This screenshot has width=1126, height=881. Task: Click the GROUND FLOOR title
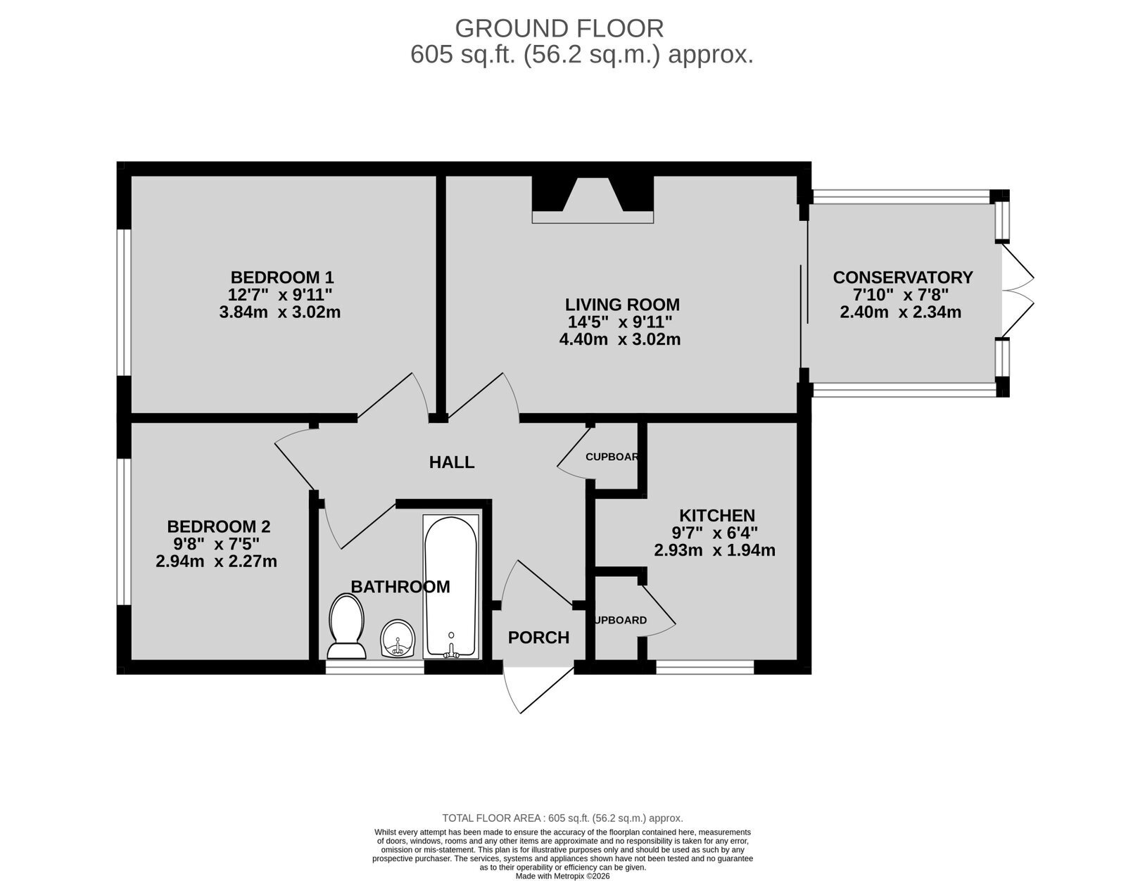559,28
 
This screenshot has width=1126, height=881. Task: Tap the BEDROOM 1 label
282,277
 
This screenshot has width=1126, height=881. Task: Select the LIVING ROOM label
622,304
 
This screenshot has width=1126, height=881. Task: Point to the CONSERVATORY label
903,277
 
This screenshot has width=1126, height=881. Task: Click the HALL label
452,462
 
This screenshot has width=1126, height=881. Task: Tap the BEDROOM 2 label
219,527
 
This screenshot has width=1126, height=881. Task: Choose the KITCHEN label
716,515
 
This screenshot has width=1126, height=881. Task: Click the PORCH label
538,638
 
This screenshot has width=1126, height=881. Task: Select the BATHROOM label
400,587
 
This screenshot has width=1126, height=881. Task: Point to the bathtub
451,587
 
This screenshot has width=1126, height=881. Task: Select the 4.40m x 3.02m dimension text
620,340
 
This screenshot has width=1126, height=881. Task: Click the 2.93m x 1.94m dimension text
714,550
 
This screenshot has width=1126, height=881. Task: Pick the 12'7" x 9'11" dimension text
280,295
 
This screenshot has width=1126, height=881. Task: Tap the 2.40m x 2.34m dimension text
901,312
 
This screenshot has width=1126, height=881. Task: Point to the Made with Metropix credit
563,876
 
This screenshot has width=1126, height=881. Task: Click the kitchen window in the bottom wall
704,667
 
